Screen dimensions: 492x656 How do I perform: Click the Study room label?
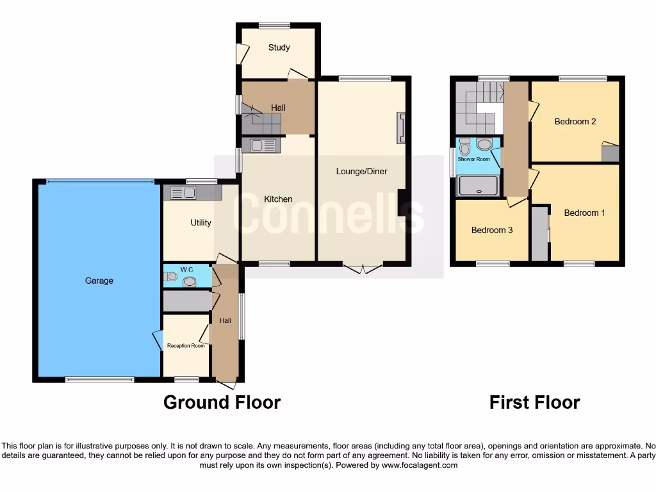279,47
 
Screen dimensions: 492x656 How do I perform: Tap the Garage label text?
99,281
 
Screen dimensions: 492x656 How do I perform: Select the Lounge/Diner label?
362,171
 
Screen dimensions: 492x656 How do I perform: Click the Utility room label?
201,222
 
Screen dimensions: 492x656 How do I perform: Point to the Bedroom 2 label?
575,121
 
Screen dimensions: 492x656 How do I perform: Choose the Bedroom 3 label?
491,230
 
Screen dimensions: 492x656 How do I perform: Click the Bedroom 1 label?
584,213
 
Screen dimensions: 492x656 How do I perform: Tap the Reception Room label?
186,346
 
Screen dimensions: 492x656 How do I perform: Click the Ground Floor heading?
222,402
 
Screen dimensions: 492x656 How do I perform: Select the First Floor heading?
534,402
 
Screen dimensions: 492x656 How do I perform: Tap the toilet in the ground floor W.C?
170,277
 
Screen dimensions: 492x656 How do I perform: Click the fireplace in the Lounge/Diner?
401,127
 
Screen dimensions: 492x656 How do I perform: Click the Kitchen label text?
278,199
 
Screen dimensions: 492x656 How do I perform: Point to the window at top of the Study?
274,26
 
